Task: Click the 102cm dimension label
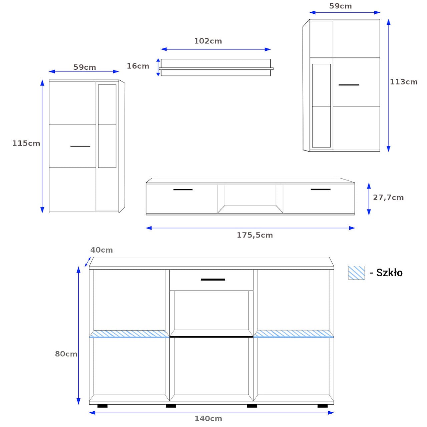[208, 41]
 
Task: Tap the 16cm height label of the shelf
[138, 66]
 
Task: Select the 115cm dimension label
[26, 143]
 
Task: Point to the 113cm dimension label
[404, 82]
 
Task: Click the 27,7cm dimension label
[388, 197]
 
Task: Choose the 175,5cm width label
[255, 235]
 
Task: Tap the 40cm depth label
[101, 250]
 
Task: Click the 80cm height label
[66, 354]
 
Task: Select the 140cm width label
[208, 419]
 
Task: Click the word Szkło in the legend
[389, 273]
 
